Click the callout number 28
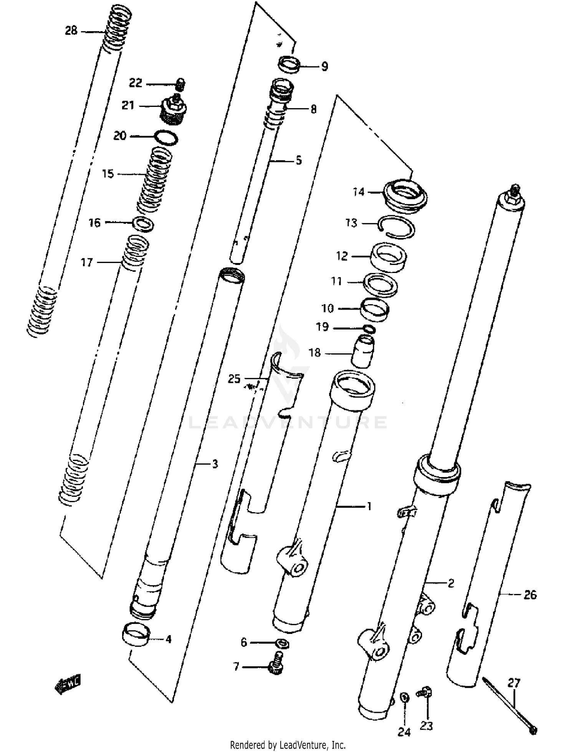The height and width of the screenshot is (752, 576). pos(71,30)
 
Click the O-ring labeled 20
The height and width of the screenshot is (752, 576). pos(166,137)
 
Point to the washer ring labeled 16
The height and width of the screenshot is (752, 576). pos(143,224)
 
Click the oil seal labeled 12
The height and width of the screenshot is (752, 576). pos(388,257)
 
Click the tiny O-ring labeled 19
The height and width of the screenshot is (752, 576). pos(369,329)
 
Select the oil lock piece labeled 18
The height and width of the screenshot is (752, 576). pos(363,351)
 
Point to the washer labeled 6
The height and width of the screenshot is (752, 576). pos(283,643)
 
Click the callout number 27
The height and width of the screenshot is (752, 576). pos(514,683)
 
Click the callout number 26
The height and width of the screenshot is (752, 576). pos(530,595)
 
